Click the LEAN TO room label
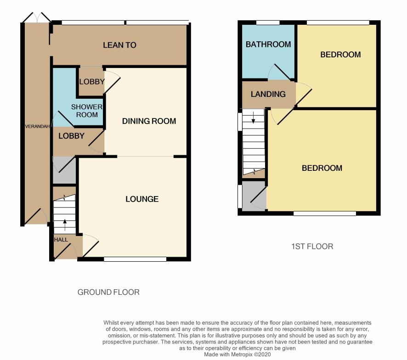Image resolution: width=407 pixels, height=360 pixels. (119, 45)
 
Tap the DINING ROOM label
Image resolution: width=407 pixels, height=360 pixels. (149, 121)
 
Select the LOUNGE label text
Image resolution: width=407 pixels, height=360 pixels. (142, 199)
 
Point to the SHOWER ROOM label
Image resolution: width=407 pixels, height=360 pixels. (87, 111)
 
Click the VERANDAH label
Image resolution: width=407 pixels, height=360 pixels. (37, 127)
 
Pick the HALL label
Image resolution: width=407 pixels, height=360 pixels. (61, 240)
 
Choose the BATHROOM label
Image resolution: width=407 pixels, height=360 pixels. (268, 45)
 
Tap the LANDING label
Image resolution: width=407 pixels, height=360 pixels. (268, 94)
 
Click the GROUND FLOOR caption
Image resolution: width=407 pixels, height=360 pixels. (108, 292)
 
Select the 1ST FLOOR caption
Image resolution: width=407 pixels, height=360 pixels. (312, 246)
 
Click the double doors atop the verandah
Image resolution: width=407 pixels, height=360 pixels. (37, 17)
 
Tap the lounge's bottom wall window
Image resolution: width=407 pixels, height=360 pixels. (135, 259)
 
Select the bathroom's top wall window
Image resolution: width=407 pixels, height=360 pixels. (268, 22)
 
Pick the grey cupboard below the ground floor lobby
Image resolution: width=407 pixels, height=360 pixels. (64, 170)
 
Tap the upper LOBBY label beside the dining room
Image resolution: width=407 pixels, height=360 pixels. (92, 82)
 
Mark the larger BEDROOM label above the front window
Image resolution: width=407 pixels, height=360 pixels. (322, 168)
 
